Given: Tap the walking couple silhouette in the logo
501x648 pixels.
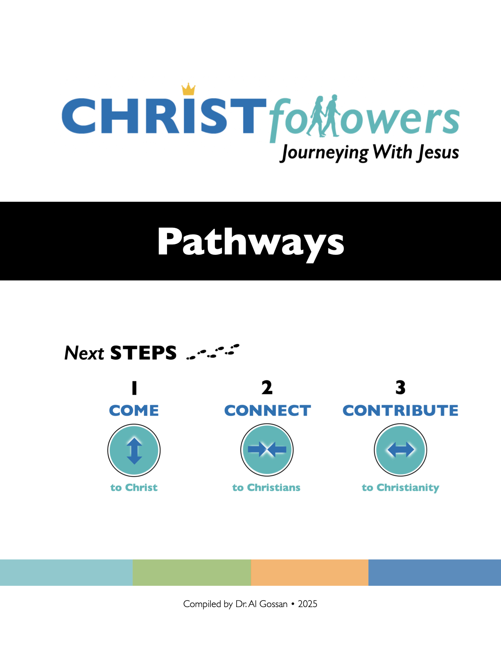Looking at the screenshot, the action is (323, 116).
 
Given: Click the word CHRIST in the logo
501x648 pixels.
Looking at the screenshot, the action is (164, 116).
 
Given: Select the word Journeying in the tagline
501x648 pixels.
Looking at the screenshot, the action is (325, 153).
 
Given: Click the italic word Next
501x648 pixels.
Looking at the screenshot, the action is (84, 353).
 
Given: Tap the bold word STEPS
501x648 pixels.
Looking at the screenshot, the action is (143, 353).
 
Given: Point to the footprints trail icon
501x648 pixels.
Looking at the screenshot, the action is (213, 351).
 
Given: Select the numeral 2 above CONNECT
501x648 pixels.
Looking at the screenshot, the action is (267, 387).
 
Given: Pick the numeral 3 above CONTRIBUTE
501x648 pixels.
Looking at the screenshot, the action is (400, 387).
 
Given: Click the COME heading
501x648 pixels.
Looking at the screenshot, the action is (134, 411).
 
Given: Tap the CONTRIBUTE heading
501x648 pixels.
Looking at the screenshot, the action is (400, 411).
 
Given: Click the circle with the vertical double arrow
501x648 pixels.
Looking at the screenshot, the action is (134, 450).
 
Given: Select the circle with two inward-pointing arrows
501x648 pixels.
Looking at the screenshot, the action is (267, 450).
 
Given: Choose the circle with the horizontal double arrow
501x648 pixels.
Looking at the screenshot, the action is (400, 450).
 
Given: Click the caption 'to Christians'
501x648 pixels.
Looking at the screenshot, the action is (266, 488).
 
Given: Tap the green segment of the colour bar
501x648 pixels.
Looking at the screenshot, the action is (192, 573).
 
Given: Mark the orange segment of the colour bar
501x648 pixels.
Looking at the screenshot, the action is (310, 573).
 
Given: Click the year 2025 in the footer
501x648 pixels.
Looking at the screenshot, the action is (308, 604).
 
